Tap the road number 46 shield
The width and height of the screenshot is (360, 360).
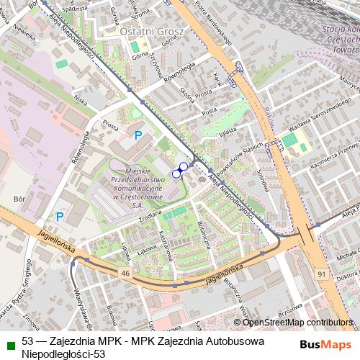(x=125, y=274)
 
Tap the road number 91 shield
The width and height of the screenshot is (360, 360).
(x=321, y=274)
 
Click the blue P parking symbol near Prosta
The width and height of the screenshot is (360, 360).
(x=139, y=135)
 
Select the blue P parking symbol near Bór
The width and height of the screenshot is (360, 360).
(x=60, y=215)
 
